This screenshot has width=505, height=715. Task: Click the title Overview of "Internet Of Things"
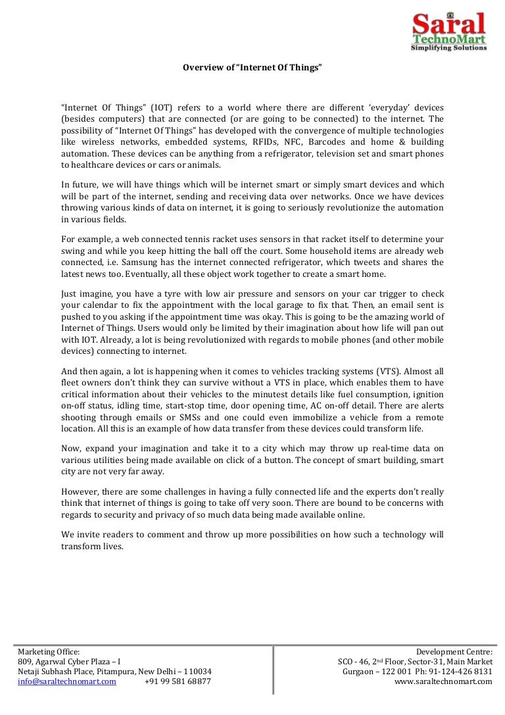coord(252,68)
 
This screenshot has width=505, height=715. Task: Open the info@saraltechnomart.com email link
coord(67,681)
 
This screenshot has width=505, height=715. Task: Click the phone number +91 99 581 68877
coord(178,681)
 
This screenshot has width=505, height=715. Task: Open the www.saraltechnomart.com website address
coord(443,681)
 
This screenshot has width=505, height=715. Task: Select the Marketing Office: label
coord(49,651)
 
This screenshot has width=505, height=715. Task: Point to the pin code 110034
coord(198,671)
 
